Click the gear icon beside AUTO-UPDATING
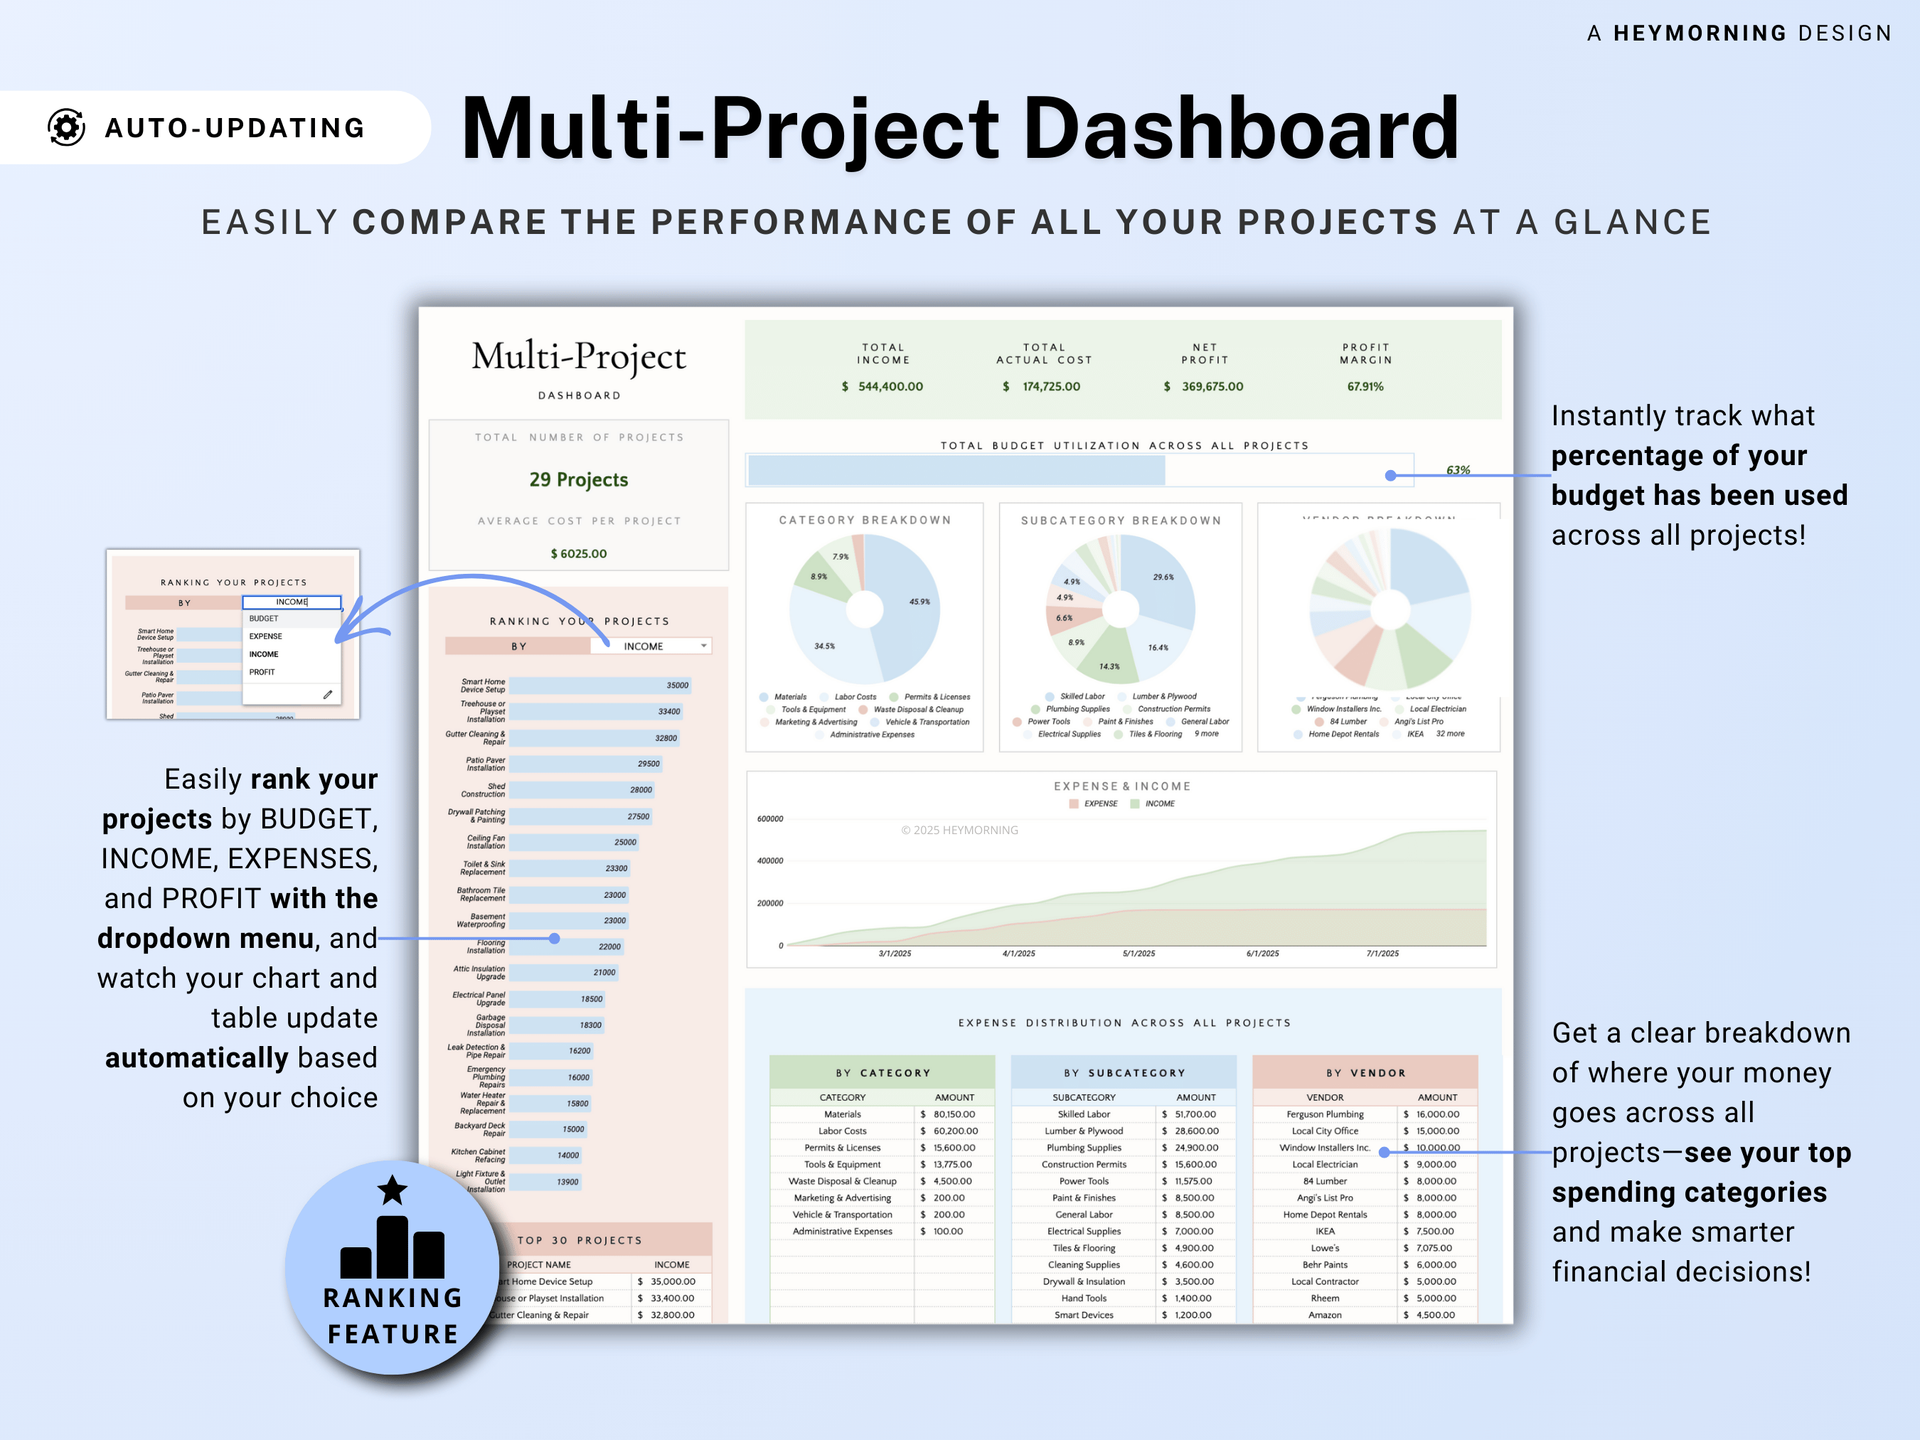[x=66, y=127]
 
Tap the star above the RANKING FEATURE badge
[x=393, y=1190]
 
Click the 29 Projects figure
[x=578, y=479]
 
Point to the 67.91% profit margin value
[x=1365, y=386]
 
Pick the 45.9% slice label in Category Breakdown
[x=919, y=602]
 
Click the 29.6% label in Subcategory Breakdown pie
[x=1163, y=577]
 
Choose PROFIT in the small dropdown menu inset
[x=262, y=672]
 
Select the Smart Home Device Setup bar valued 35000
[x=599, y=686]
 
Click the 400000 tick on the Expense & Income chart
[x=770, y=861]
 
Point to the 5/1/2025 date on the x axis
[x=1138, y=953]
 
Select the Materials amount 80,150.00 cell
[x=953, y=1114]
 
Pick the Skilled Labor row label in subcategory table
[x=1083, y=1114]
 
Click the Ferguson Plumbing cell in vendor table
[x=1325, y=1114]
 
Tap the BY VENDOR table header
[x=1365, y=1073]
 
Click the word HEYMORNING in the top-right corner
[x=1700, y=33]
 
